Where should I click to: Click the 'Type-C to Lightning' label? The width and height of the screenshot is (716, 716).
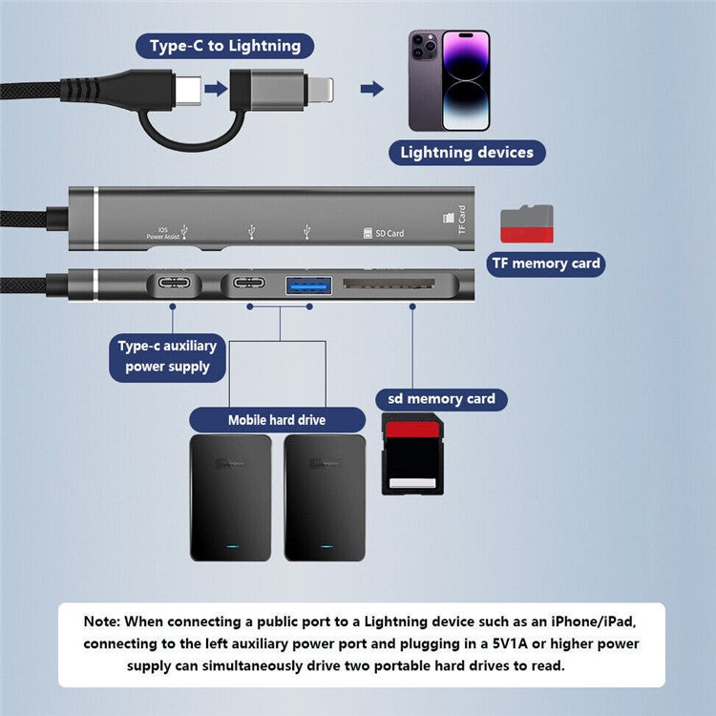[x=224, y=46]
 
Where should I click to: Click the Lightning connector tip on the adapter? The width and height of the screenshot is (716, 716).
[x=319, y=89]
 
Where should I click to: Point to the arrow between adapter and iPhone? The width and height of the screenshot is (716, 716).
[x=371, y=89]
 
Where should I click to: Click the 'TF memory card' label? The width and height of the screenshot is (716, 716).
[x=545, y=263]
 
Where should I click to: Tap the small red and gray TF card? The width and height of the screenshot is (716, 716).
[x=527, y=223]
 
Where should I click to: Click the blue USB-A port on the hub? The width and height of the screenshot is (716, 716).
[x=307, y=284]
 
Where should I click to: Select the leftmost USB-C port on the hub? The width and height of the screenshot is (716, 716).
[x=173, y=284]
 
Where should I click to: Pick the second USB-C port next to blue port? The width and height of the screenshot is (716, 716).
[x=250, y=284]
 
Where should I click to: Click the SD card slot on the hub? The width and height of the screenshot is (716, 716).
[x=390, y=284]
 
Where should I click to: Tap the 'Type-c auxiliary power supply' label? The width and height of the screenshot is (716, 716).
[x=167, y=356]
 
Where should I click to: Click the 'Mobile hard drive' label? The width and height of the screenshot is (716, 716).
[x=276, y=420]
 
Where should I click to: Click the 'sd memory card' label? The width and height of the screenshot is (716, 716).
[x=440, y=399]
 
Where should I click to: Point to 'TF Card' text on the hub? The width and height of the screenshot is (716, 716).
[x=461, y=221]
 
